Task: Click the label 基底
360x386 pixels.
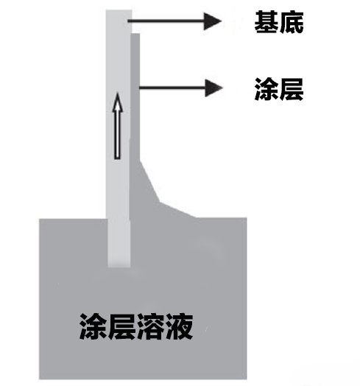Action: pos(279,22)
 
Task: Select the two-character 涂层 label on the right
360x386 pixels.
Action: pos(279,89)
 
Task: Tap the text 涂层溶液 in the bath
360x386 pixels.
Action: pos(136,326)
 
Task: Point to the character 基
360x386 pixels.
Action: pos(267,22)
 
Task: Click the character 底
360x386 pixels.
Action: pos(292,22)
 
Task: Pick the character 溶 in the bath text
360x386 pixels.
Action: pos(150,326)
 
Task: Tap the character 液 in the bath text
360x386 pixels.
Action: pos(179,326)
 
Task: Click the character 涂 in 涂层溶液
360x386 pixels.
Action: pos(93,326)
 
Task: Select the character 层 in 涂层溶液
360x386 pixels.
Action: pos(121,326)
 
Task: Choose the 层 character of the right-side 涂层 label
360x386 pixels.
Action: pos(292,89)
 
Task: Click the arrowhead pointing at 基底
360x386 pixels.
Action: pos(212,21)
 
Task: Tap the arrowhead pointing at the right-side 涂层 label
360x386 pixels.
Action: pos(213,88)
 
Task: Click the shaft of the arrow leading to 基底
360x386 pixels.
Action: pos(166,21)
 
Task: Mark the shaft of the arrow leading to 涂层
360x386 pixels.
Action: pos(172,88)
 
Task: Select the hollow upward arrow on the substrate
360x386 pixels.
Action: pos(118,125)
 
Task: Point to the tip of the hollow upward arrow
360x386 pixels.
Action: pos(118,93)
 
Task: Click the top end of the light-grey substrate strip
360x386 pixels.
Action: pos(119,10)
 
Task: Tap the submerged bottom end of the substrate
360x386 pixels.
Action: pos(119,266)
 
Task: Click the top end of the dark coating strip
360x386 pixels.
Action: pos(135,34)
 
